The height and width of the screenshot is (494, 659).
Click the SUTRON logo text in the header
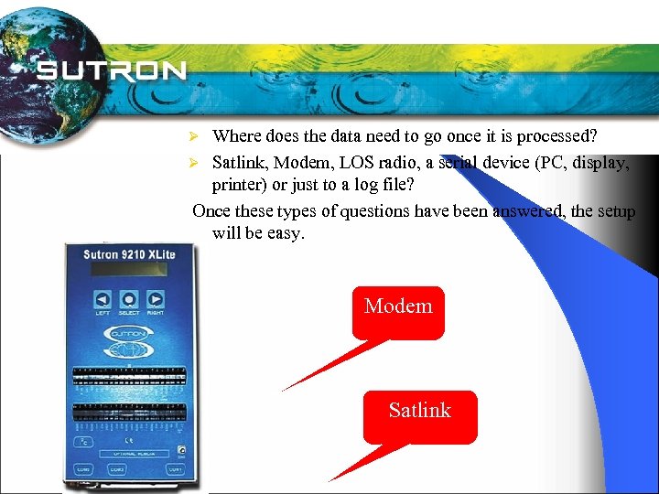point(113,70)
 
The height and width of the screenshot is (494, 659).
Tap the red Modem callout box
point(398,312)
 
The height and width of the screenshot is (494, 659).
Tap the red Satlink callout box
point(420,416)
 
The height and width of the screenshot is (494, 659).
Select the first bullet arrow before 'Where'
point(193,136)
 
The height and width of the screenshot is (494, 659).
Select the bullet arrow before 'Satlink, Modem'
point(193,163)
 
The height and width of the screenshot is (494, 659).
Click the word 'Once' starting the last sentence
point(211,211)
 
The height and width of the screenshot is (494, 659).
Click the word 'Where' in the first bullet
point(236,136)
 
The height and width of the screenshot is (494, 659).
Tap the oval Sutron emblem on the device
point(129,335)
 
